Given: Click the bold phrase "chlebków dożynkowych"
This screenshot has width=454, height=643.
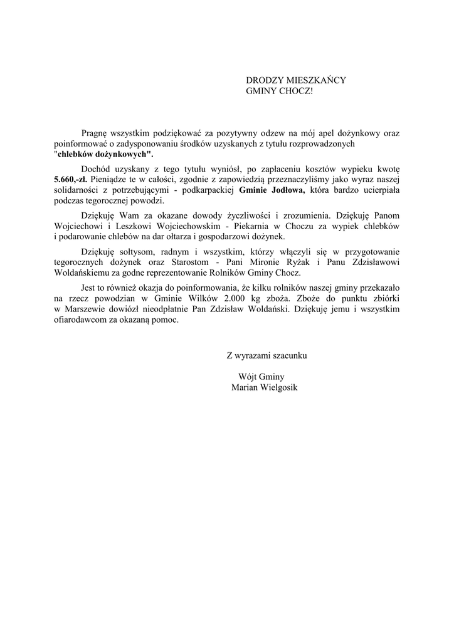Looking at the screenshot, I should pyautogui.click(x=104, y=154).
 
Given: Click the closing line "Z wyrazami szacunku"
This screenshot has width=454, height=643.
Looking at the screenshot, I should pyautogui.click(x=267, y=355).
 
